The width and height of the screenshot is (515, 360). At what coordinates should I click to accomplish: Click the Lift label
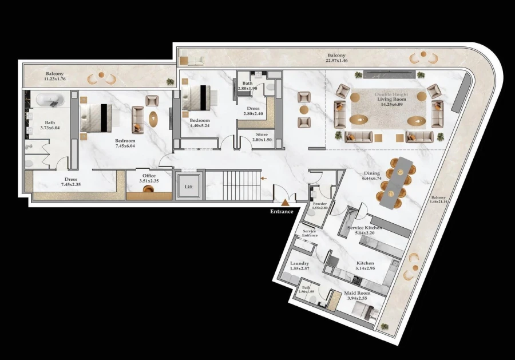coord(188,187)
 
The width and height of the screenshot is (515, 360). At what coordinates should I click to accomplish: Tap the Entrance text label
coord(282,211)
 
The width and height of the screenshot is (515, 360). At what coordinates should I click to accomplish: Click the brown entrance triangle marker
coord(284,201)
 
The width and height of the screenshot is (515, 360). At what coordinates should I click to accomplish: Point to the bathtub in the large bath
coord(50,100)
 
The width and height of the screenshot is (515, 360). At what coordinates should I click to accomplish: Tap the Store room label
coord(252,134)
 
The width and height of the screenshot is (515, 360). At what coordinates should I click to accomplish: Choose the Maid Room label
coord(356,294)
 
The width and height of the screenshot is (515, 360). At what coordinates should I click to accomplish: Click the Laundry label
coord(299,263)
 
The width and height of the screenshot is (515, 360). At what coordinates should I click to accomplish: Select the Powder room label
coord(320,204)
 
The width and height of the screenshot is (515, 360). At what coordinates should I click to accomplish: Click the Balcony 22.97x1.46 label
coord(336,57)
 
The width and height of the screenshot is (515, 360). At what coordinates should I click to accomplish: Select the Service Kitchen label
coord(365,228)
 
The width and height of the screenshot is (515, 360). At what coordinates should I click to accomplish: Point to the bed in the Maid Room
coord(363,311)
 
